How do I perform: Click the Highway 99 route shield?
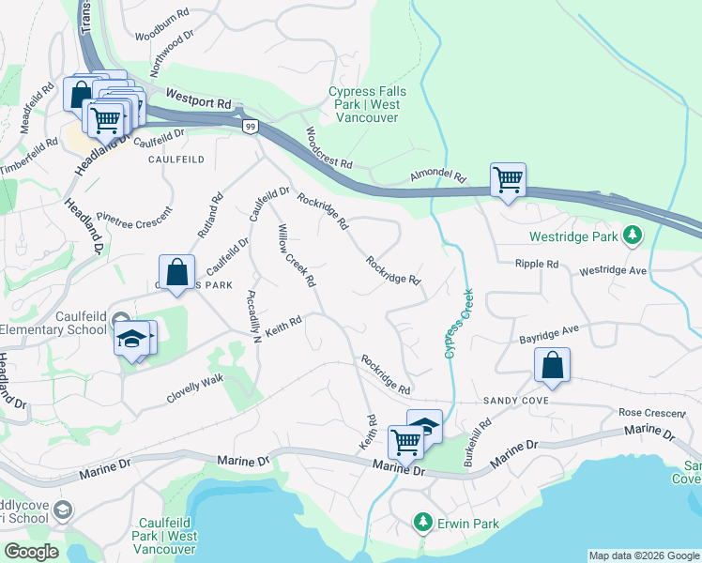(x=249, y=127)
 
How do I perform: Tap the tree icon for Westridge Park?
(x=633, y=234)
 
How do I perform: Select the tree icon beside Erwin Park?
(x=423, y=521)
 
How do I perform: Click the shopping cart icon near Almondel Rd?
(x=508, y=177)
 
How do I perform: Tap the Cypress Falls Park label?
(x=364, y=98)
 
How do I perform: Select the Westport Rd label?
(x=198, y=97)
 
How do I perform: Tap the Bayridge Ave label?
(x=551, y=334)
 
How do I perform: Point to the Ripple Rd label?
(x=536, y=265)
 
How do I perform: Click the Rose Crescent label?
(x=650, y=413)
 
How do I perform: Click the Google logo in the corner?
(x=32, y=552)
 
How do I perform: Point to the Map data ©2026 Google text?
(x=643, y=555)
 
